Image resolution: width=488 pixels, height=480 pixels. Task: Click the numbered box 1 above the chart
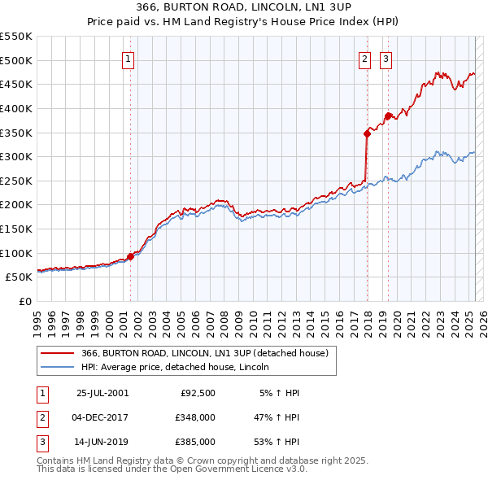coord(129,59)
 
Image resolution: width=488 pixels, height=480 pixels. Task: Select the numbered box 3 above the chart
coord(386,59)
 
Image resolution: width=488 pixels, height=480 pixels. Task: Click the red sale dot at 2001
coord(130,256)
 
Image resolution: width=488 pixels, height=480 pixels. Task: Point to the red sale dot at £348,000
coord(367,134)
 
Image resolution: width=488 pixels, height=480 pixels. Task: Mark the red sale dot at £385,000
coord(389,116)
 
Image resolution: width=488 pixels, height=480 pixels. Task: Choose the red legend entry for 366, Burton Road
coord(204,353)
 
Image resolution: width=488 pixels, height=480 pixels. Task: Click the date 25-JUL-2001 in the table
coord(102,393)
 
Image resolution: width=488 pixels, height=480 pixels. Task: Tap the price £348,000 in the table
coord(195,417)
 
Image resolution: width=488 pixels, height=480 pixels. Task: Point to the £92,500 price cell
coord(198,393)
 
